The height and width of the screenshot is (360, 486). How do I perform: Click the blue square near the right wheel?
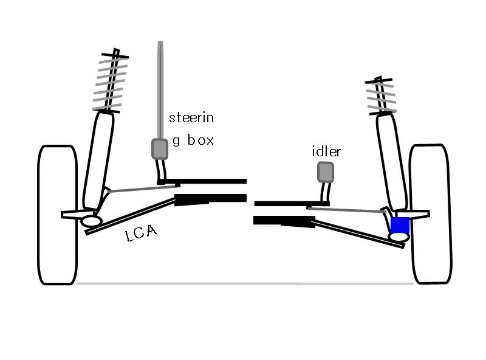tap(400, 225)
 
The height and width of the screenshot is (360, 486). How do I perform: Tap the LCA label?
tap(141, 233)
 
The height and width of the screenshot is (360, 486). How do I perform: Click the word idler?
tap(326, 151)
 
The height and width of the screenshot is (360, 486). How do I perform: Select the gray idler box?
tap(326, 172)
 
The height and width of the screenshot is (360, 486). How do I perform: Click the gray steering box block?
tap(160, 149)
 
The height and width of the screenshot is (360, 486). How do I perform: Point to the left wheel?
tap(58, 215)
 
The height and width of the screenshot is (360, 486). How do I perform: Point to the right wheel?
tap(431, 214)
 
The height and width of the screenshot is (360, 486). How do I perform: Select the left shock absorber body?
tap(98, 161)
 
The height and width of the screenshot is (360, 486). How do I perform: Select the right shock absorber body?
tap(392, 162)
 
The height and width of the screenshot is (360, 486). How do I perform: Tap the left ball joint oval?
tap(92, 221)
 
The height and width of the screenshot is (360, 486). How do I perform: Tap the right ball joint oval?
tap(399, 237)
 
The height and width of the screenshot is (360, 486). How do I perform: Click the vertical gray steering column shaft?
tap(160, 90)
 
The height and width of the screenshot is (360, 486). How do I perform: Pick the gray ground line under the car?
tap(245, 283)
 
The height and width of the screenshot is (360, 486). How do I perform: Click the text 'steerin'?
tap(191, 117)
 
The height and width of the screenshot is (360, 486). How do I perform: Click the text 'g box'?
tap(193, 140)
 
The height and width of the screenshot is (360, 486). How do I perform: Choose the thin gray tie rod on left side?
tap(143, 189)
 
